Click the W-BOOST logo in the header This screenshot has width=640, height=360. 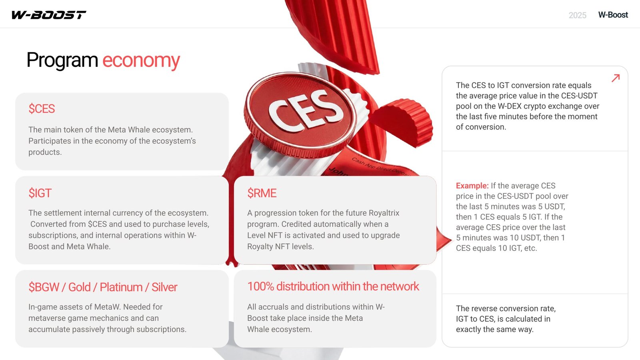point(48,15)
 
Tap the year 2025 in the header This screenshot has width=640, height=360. point(578,15)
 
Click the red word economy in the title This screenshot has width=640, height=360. point(141,60)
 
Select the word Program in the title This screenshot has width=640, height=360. point(62,60)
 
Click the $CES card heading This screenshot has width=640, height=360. point(42,109)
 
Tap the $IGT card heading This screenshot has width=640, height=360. point(40,193)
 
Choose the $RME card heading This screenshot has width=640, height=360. point(262,193)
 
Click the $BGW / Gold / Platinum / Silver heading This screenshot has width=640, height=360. point(103,287)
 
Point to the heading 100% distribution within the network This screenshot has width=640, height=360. point(333,286)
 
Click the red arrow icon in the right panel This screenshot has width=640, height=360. point(616,78)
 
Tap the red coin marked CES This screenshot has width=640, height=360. point(300,114)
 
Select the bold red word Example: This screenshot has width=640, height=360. point(472,186)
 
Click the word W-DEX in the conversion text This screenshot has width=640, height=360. point(509,106)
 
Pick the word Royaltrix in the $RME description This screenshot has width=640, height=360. point(384,213)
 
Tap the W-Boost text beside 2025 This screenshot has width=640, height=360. point(613,15)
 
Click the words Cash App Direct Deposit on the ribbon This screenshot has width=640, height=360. point(380,166)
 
